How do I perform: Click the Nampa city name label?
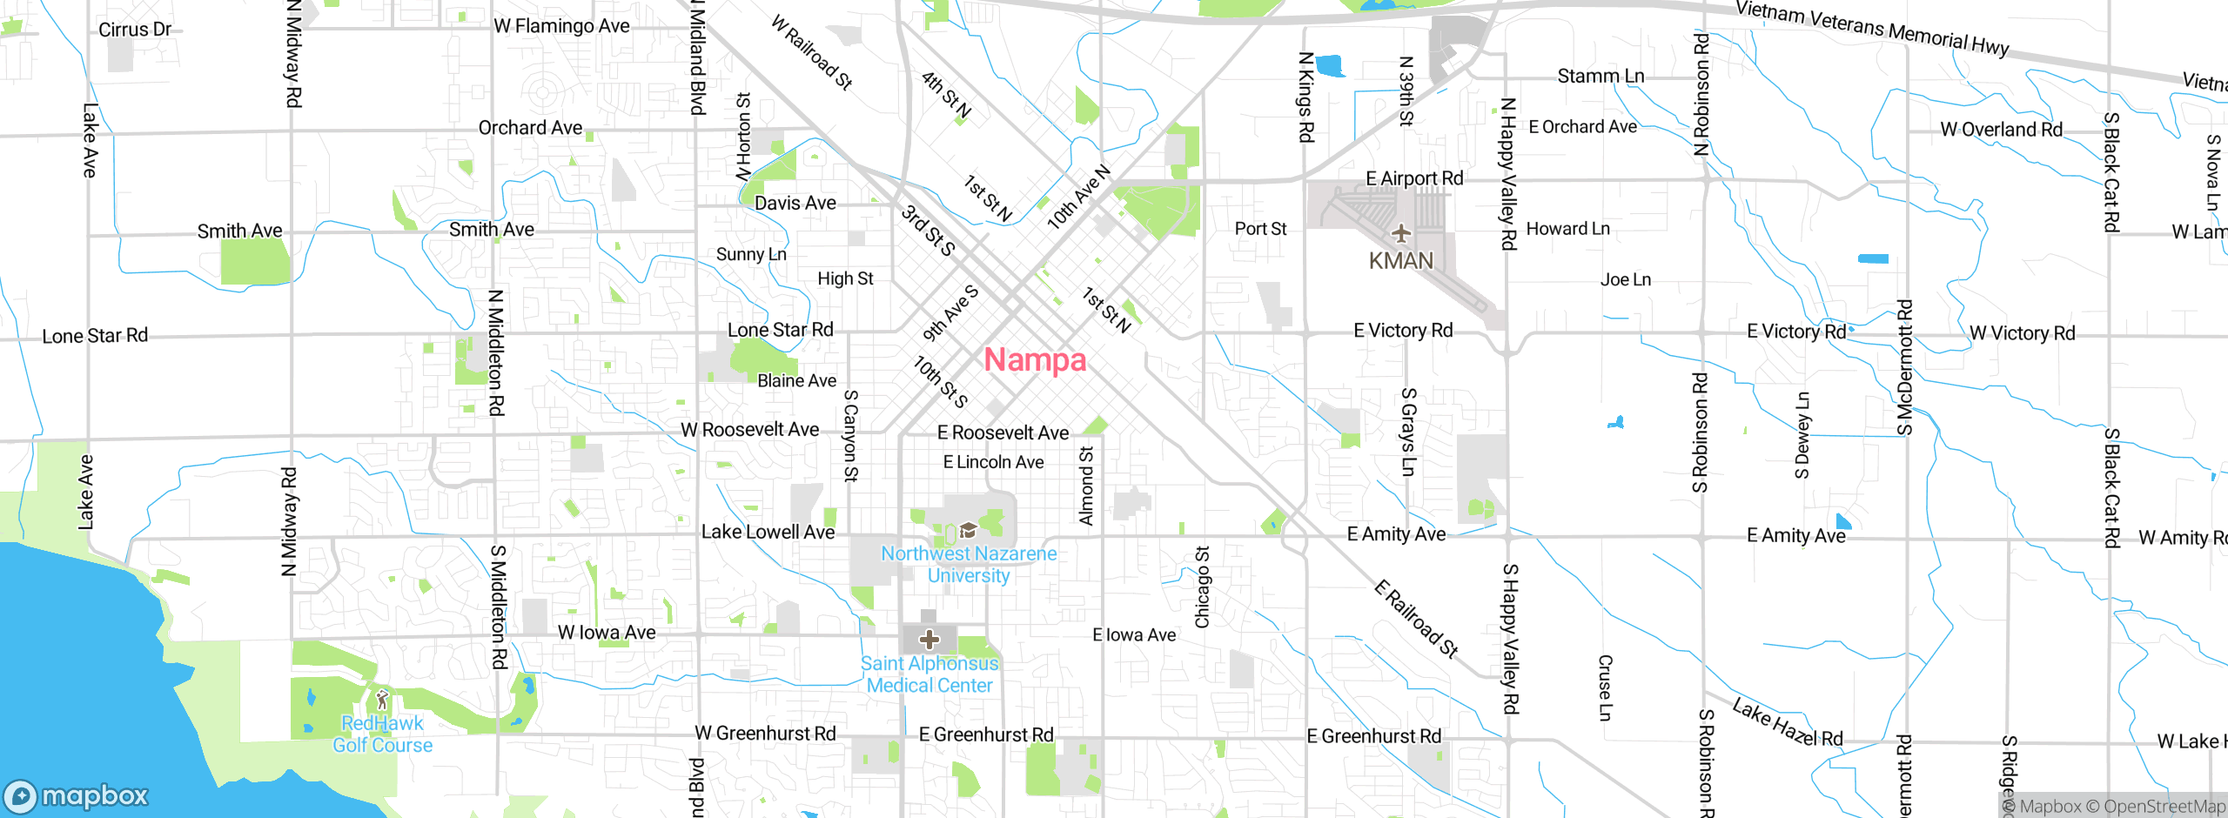1035,359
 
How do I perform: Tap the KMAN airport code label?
1400,261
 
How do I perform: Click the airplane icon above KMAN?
1400,233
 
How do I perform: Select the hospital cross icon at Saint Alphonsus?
929,640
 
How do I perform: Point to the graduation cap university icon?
967,530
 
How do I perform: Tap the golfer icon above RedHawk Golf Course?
382,700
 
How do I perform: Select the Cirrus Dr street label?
135,30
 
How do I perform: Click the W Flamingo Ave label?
561,26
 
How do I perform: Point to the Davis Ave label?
795,203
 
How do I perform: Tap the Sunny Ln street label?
751,254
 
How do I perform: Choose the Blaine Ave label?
796,380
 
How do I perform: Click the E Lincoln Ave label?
993,462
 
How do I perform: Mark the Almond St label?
1086,486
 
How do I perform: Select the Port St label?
1260,229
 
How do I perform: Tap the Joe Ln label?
1625,279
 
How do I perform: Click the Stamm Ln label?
1601,77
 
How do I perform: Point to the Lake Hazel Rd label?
1787,724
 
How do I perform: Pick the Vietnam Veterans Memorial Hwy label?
1872,28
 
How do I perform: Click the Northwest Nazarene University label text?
969,564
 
